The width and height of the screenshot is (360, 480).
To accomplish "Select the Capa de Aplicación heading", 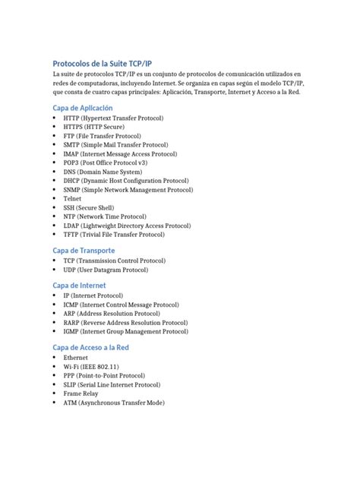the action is tap(82, 108).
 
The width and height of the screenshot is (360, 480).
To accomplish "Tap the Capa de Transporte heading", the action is tap(84, 250).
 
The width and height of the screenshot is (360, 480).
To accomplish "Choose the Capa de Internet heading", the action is tap(79, 286).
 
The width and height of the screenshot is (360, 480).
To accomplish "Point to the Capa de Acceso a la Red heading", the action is tap(90, 347).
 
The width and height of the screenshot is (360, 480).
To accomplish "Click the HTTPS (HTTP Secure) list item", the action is tap(93, 128).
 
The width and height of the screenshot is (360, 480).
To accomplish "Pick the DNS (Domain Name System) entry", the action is tap(101, 171).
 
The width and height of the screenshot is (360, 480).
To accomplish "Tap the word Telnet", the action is tap(73, 198).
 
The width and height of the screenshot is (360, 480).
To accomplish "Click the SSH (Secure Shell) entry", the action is tap(88, 207).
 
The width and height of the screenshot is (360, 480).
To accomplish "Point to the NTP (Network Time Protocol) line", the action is tap(104, 216).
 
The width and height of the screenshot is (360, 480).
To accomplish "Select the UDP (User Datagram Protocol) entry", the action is tap(106, 270).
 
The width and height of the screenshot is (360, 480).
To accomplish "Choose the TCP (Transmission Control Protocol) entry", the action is tap(114, 261).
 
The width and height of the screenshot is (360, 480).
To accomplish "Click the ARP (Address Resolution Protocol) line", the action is tap(111, 314).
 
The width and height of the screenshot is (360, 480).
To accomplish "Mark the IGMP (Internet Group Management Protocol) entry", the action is tap(125, 332).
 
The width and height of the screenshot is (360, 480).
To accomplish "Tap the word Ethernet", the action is tap(76, 358).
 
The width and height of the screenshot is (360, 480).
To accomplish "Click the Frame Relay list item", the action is tap(81, 394).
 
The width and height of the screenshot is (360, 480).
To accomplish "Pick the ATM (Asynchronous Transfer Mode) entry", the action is tap(114, 403).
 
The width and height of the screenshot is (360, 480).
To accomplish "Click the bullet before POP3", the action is tap(55, 163).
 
